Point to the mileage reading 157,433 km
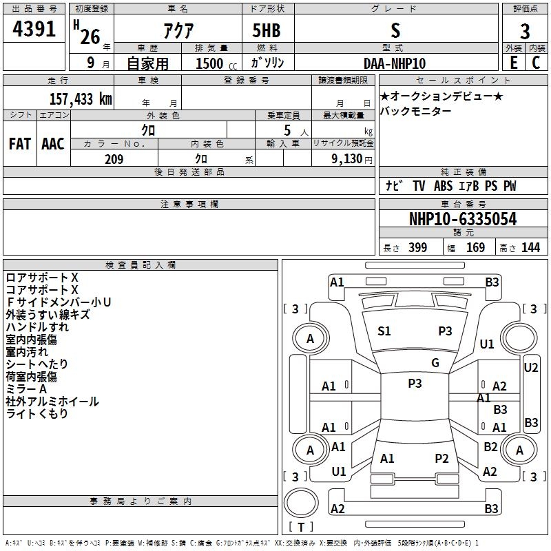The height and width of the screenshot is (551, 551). [81, 98]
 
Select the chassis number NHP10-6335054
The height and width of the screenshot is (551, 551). [463, 219]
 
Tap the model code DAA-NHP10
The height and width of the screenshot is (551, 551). [395, 63]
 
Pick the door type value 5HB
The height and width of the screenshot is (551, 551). [267, 31]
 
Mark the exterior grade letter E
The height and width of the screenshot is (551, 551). [513, 63]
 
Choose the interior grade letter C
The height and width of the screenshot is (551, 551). [536, 63]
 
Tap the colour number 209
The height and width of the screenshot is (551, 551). [114, 159]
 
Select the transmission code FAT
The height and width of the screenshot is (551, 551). [19, 143]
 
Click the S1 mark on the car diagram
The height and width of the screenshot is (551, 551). [384, 331]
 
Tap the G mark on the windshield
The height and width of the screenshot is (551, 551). [435, 363]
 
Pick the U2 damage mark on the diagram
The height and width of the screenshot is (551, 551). [530, 367]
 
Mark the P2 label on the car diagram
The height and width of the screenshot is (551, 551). [441, 458]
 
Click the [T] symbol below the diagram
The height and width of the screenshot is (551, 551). [300, 528]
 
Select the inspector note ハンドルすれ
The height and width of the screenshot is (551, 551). [37, 327]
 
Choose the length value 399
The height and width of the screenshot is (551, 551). [417, 248]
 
